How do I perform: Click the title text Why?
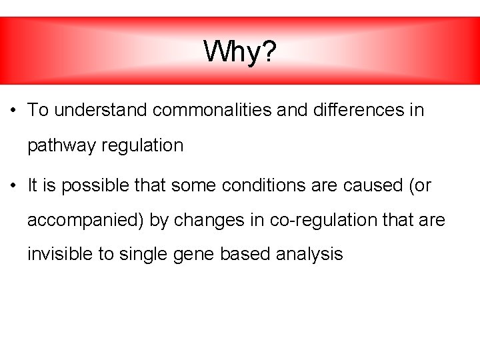pos(239,51)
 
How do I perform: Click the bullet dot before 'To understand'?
pos(14,111)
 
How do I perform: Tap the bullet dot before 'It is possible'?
pos(14,186)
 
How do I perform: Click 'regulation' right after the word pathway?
pos(142,146)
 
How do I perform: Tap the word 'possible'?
pos(89,186)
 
